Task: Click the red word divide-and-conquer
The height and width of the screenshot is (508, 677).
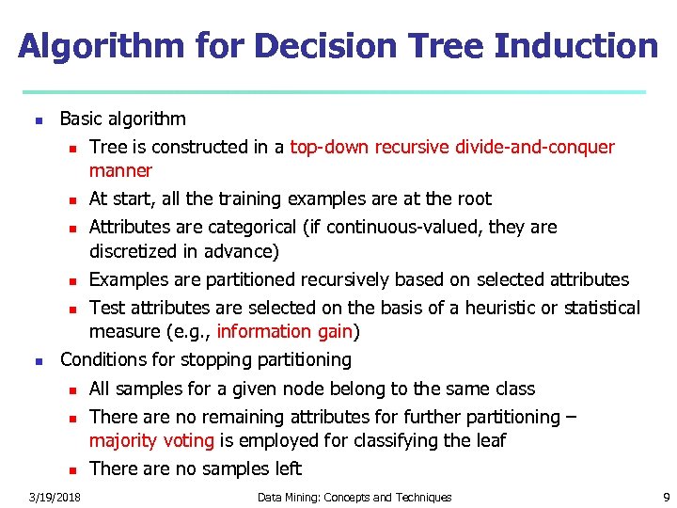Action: pyautogui.click(x=533, y=147)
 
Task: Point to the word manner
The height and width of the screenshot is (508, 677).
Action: pyautogui.click(x=120, y=171)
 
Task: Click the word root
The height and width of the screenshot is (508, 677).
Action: pyautogui.click(x=474, y=198)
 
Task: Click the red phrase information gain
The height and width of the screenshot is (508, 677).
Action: pyautogui.click(x=284, y=331)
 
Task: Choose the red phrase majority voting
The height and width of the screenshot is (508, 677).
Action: pyautogui.click(x=151, y=440)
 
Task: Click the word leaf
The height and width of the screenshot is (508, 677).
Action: pyautogui.click(x=491, y=440)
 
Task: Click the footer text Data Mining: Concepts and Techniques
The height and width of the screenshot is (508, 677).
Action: pyautogui.click(x=354, y=497)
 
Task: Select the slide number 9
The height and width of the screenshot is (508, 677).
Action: pyautogui.click(x=666, y=497)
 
